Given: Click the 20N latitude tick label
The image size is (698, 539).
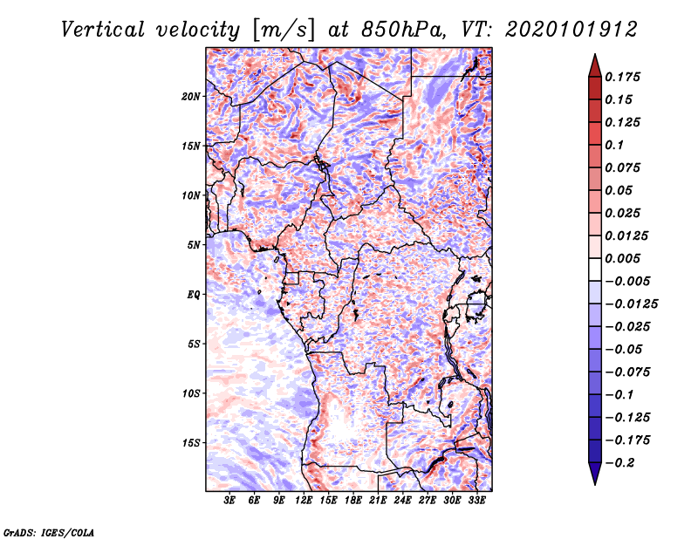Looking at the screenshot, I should click(x=191, y=96).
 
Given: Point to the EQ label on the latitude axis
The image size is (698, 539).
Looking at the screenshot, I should click(x=194, y=294).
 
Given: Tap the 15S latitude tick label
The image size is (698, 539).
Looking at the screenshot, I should click(x=191, y=442).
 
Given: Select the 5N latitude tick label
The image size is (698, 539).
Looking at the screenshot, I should click(x=194, y=244).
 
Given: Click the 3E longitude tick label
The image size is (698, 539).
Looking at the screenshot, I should click(x=230, y=501).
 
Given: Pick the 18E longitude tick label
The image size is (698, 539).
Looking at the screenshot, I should click(x=353, y=501).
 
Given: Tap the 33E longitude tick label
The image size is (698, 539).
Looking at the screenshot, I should click(x=476, y=501).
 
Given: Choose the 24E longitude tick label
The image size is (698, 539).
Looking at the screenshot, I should click(x=402, y=501).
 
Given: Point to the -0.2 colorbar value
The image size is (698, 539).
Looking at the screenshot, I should click(x=623, y=462).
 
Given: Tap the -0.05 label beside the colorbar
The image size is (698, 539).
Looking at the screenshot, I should click(x=626, y=349).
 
